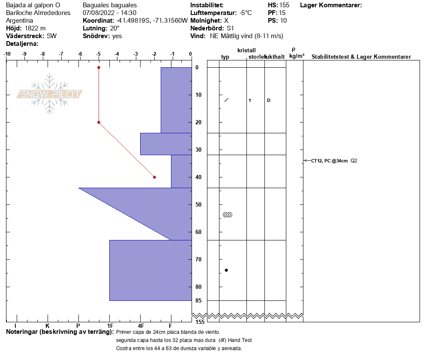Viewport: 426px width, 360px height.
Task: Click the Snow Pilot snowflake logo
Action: [49, 94]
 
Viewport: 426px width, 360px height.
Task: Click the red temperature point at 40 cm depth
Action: [155, 177]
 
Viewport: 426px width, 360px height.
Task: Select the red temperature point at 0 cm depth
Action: [99, 67]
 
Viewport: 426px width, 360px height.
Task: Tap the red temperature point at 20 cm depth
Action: [99, 122]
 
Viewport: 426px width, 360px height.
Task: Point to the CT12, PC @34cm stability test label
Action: [329, 161]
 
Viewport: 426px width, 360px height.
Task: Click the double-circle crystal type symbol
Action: [228, 215]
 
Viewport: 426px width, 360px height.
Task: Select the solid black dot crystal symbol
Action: [226, 270]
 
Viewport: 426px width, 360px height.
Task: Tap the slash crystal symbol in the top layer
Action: [226, 100]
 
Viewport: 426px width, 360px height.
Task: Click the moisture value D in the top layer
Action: [269, 101]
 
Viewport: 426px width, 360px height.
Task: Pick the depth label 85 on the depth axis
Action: [198, 300]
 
